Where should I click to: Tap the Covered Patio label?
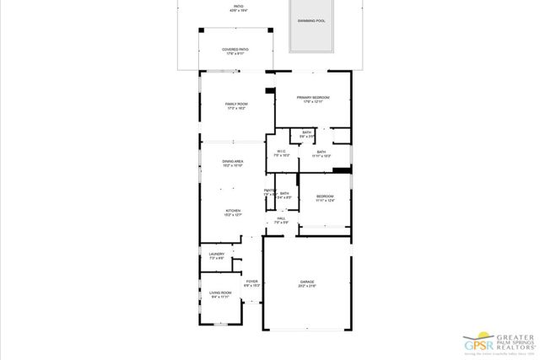pos(235,49)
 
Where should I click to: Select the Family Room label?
pos(235,104)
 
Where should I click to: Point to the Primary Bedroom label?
pos(312,98)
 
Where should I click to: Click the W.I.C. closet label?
pos(281,152)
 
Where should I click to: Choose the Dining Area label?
pos(233,161)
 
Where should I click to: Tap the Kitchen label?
pos(233,211)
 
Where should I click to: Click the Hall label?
pos(281,218)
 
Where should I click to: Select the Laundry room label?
pos(217,254)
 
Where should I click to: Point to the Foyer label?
pos(251,281)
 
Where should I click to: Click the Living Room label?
pos(220,293)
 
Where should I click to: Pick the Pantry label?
pos(269,191)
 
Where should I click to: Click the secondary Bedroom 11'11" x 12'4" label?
pos(325,196)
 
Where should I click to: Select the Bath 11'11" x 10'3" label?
pos(321,152)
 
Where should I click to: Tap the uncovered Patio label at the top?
pos(239,6)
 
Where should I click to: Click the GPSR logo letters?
pos(478,345)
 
